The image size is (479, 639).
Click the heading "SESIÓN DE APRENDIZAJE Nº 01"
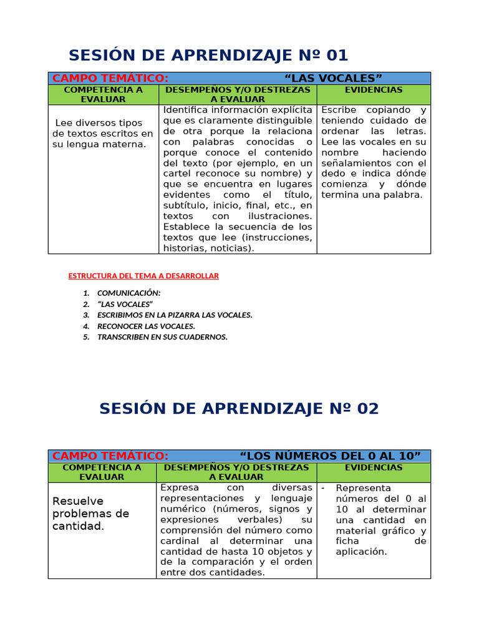[208, 55]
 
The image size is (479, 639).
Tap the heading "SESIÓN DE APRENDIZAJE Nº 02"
[239, 409]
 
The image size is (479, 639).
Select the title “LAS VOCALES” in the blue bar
[332, 78]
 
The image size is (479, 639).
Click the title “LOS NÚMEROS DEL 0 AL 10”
[330, 456]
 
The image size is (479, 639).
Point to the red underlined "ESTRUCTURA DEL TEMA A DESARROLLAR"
[143, 276]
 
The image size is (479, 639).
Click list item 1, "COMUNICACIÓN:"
[128, 293]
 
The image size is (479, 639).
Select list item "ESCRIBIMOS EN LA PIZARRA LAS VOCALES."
[175, 315]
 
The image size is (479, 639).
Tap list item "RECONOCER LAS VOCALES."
[146, 326]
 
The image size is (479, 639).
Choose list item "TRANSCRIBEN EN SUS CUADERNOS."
[162, 337]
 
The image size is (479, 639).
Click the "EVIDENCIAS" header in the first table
[374, 90]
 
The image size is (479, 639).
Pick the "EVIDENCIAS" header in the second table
[374, 467]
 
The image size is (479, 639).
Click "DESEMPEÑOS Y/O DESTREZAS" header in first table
[238, 90]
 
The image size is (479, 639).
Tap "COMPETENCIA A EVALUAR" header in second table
[102, 472]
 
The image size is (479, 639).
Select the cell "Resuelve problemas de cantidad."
[91, 514]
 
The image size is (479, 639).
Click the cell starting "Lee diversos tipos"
[102, 134]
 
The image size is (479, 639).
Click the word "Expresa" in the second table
[180, 488]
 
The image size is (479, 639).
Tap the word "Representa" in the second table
[363, 488]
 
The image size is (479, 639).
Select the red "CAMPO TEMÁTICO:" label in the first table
[110, 78]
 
